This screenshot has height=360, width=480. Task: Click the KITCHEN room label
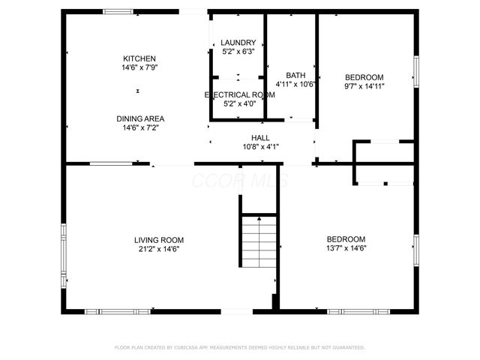click(139, 58)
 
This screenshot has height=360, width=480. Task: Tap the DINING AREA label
click(140, 118)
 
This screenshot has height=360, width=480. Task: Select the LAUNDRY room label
click(238, 43)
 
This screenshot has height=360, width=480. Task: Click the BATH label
click(295, 75)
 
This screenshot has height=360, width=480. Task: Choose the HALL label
click(260, 138)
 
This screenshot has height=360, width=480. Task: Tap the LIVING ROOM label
click(158, 240)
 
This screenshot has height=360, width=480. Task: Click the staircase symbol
click(259, 240)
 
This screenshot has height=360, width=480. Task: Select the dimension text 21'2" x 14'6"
click(158, 249)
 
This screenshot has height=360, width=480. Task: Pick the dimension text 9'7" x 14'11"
click(364, 86)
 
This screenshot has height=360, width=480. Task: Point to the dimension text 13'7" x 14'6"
click(346, 248)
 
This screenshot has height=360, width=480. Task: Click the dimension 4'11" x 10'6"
click(295, 84)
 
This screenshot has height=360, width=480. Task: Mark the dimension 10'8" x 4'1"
click(260, 147)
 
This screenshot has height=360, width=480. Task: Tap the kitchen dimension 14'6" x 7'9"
click(139, 67)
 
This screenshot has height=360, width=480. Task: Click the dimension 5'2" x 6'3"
click(238, 52)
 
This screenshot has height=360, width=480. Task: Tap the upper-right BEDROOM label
click(364, 77)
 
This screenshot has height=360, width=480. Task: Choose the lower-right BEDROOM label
click(346, 239)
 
